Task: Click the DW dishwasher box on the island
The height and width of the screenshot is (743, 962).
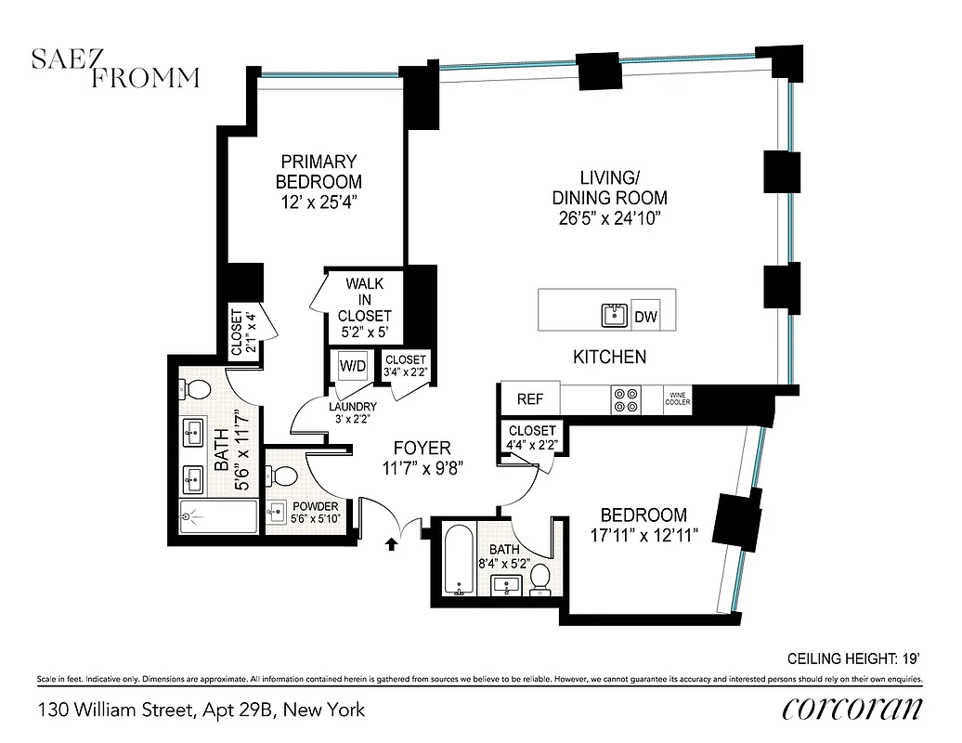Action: click(645, 317)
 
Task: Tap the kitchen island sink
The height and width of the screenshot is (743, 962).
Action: click(614, 317)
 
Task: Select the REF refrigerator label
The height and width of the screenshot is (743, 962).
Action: click(530, 399)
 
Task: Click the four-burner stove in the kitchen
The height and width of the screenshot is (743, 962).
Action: click(624, 399)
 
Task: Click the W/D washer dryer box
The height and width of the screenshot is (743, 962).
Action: click(352, 365)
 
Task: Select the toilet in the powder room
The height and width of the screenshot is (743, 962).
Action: click(287, 478)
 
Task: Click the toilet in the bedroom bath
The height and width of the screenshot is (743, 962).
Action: click(540, 581)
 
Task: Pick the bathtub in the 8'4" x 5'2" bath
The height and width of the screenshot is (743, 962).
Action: click(460, 560)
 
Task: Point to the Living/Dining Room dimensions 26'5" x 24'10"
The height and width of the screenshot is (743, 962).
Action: click(610, 219)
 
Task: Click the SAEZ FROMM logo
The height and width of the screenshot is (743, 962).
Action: click(115, 69)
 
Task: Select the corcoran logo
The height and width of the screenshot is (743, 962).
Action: click(852, 710)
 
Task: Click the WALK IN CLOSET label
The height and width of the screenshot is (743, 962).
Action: click(364, 299)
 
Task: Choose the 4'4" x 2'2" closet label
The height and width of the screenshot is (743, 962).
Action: click(532, 438)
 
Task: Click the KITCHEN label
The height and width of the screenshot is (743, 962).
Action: click(609, 357)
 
